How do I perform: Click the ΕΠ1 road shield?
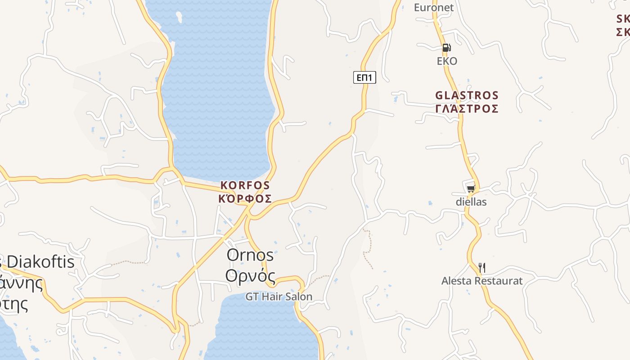coord(364,78)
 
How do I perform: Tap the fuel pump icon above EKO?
coord(446,48)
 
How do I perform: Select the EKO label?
coord(447,61)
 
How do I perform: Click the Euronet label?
coord(434,8)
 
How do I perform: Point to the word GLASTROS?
coord(467,95)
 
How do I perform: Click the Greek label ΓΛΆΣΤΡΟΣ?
coord(467,109)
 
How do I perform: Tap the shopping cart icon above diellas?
coord(471,189)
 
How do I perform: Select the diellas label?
coord(471,202)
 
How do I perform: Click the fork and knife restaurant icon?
coord(481,268)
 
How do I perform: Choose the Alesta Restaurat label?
coord(482,281)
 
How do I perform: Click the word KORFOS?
coord(245,185)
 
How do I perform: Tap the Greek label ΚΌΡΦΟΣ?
coord(245,198)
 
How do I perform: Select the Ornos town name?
coord(250,255)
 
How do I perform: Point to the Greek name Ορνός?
coord(250,274)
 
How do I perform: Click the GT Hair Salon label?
coord(279,297)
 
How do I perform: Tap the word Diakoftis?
coord(41,261)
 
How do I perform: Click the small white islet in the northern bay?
coord(179,17)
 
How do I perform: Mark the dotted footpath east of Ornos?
coord(368,247)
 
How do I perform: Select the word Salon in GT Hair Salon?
coord(299,297)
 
